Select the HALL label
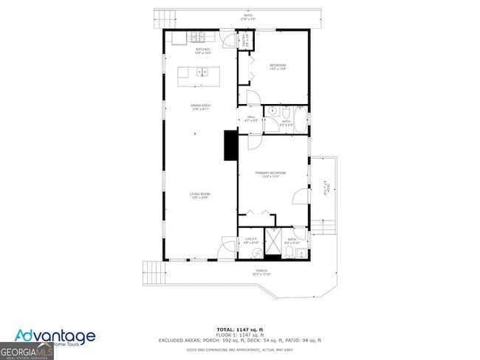[x=251, y=117]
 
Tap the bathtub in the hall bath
[x=300, y=119]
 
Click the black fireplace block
[x=230, y=145]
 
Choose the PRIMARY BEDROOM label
[x=270, y=174]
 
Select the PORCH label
[x=261, y=272]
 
